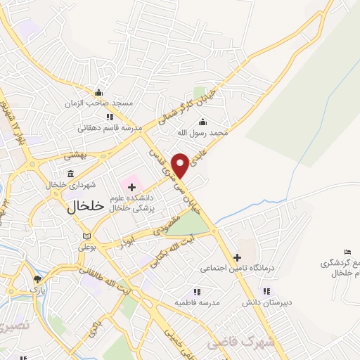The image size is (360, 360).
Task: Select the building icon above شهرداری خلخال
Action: click(70, 174)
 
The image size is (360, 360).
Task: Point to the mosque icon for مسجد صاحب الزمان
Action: click(98, 93)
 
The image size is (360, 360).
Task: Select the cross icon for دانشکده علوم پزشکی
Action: click(131, 186)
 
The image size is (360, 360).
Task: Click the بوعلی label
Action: click(86, 247)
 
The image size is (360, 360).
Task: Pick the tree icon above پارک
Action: click(37, 279)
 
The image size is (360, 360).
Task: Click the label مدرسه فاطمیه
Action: click(198, 302)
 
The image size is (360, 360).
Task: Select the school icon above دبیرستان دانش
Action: click(266, 291)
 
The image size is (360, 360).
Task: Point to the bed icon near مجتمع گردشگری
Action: click(347, 252)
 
